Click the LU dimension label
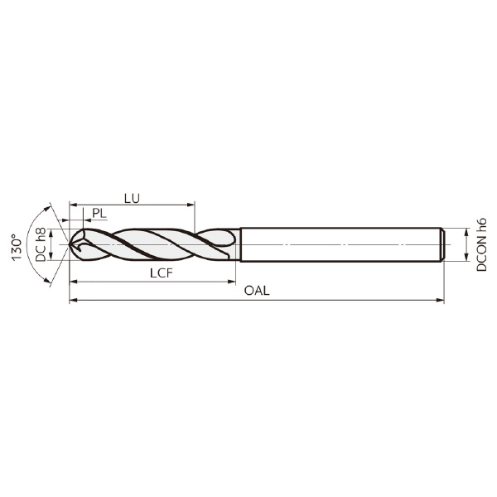point(132,199)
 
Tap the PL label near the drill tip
point(99,214)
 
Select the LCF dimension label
point(162,273)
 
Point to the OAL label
point(257,291)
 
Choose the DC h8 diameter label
point(41,244)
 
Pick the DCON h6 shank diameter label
point(481,244)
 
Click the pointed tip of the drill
point(70,244)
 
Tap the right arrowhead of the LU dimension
point(191,205)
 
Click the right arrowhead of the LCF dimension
point(232,281)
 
